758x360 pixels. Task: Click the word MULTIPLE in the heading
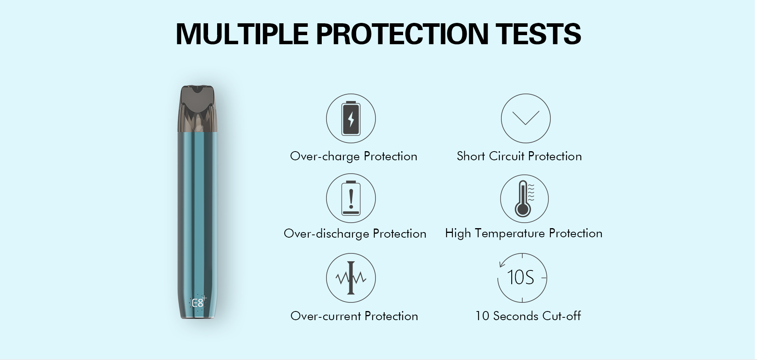point(242,34)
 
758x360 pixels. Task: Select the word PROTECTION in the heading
point(402,34)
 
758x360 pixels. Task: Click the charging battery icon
point(351,118)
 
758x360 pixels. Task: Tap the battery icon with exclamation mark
point(351,198)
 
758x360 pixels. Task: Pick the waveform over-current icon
point(351,278)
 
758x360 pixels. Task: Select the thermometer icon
point(524,199)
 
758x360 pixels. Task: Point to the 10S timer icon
point(522,277)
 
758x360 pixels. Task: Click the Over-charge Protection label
point(354,156)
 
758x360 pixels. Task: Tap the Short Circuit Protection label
point(519,156)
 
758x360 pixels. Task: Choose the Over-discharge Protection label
point(355,234)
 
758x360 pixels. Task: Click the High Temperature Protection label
point(524,234)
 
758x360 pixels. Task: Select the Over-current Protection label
point(354,316)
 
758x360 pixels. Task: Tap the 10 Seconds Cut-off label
point(528,316)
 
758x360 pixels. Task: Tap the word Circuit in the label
point(507,156)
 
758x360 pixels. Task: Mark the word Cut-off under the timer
point(561,316)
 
